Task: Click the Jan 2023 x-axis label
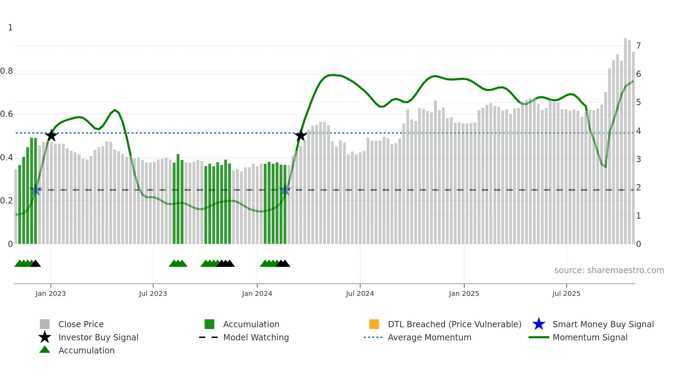[x=51, y=293]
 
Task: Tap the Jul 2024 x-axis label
[x=360, y=293]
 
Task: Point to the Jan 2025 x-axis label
[x=464, y=293]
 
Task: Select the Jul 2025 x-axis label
[x=566, y=293]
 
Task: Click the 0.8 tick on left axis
[x=7, y=71]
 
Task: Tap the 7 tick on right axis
[x=638, y=46]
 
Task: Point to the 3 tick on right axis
[x=638, y=159]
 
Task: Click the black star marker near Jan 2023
[x=51, y=136]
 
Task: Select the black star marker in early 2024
[x=301, y=136]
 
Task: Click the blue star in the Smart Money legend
[x=539, y=324]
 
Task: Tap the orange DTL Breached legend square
[x=374, y=324]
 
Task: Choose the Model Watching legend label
[x=256, y=337]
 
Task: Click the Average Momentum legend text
[x=429, y=337]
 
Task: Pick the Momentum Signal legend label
[x=590, y=337]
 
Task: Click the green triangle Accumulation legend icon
[x=45, y=350]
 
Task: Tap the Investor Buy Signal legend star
[x=45, y=337]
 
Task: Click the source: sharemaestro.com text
[x=609, y=270]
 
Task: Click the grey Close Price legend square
[x=45, y=324]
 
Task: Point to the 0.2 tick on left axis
[x=7, y=201]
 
